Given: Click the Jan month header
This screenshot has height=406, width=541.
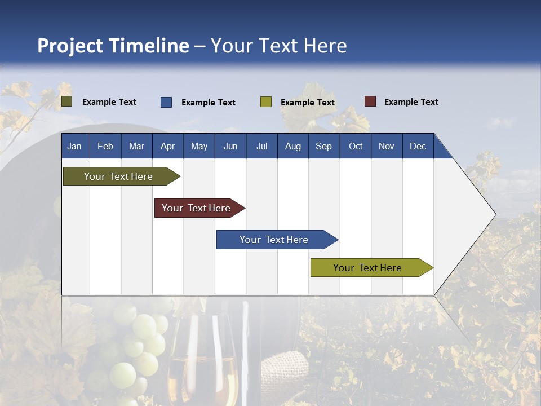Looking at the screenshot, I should (74, 146).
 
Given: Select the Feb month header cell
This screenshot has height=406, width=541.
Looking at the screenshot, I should (105, 146).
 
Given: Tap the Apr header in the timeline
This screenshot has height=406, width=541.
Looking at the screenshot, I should (167, 146).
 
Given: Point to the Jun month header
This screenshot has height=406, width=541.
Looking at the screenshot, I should (230, 146).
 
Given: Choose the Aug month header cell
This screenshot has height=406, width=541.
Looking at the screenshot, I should (292, 146).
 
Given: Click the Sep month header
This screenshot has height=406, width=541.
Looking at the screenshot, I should (323, 146).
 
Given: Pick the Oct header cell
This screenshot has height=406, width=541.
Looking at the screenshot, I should (356, 146).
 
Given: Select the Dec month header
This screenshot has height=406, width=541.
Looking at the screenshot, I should (418, 146).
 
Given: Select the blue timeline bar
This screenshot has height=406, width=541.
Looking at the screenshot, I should (274, 240).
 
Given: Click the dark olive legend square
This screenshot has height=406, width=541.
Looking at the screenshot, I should (67, 101).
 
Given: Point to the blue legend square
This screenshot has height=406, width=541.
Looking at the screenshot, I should (166, 102).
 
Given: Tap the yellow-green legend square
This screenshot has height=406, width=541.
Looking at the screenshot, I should (266, 102).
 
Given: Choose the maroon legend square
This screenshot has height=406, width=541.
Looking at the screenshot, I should (370, 101).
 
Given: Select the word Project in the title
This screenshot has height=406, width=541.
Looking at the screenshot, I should (70, 46).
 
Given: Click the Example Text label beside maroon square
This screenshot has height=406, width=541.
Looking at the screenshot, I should (411, 102).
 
